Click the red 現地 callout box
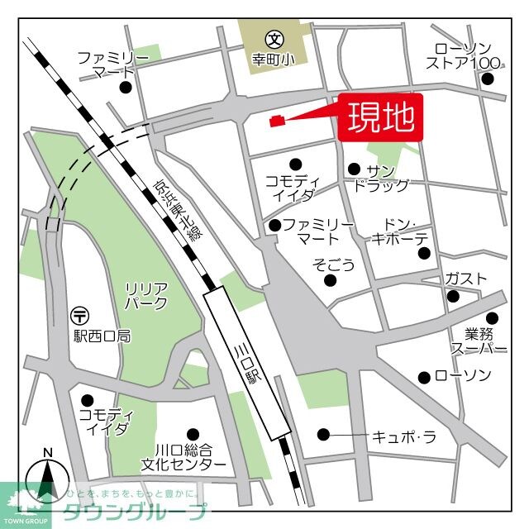(380, 118)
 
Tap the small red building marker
(278, 122)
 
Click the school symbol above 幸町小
(274, 38)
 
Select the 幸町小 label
(274, 60)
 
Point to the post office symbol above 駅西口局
(80, 314)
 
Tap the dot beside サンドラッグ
(354, 169)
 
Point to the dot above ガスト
(452, 297)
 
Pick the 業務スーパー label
(474, 341)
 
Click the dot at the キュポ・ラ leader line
(323, 434)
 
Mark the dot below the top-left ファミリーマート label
(126, 87)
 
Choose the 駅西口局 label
(101, 336)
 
